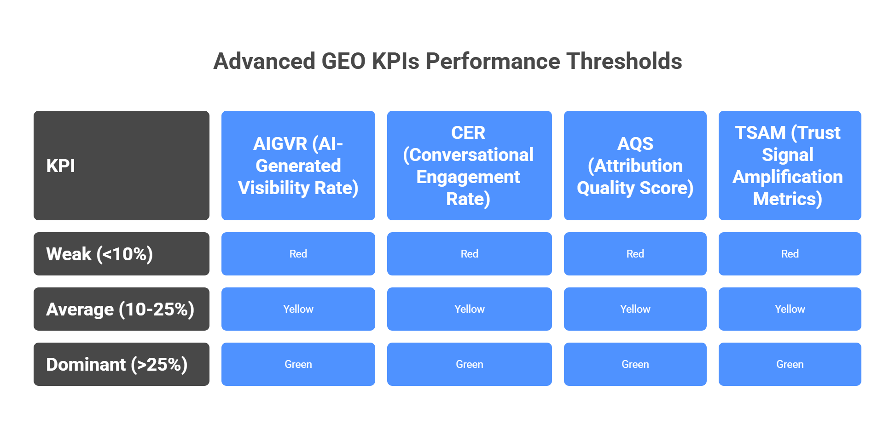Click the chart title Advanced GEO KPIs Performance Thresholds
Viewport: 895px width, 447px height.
point(447,61)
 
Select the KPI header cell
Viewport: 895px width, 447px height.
point(122,166)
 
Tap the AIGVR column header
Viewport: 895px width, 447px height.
point(298,166)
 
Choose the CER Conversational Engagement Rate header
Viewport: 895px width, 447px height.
point(469,166)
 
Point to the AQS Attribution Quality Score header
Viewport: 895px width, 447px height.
point(635,166)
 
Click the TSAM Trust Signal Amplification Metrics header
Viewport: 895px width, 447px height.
point(790,166)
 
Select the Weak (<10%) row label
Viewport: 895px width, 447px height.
point(122,254)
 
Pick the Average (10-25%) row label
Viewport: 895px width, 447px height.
point(122,309)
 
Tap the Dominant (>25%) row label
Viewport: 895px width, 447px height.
point(122,364)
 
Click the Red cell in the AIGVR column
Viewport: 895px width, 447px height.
point(298,254)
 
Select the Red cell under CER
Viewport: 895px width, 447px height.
point(469,254)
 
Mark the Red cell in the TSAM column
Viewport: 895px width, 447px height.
point(790,254)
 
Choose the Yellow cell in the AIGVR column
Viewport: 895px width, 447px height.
point(298,309)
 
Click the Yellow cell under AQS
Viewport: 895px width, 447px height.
point(635,309)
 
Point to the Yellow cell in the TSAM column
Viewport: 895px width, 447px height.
point(790,309)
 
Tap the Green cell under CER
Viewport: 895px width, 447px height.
point(469,364)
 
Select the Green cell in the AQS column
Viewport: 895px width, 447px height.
point(635,364)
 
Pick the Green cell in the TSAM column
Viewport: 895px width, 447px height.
point(790,364)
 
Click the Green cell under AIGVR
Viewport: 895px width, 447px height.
point(298,364)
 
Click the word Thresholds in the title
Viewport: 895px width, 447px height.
point(624,61)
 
